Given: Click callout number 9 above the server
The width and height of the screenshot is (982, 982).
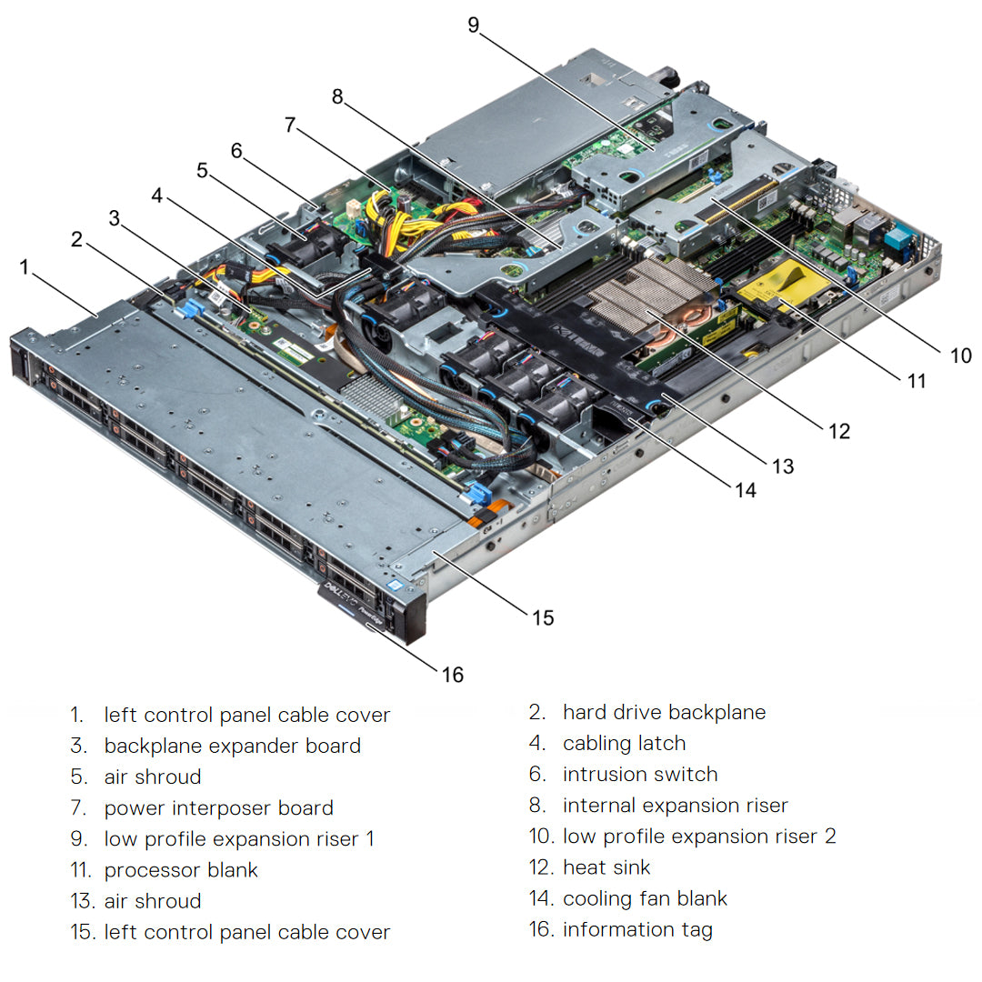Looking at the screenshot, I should (474, 25).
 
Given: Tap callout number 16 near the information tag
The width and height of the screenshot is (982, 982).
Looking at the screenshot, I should (453, 675).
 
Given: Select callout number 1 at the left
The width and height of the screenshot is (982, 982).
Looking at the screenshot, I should (25, 266).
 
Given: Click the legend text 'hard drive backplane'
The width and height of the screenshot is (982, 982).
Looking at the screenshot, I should (664, 712).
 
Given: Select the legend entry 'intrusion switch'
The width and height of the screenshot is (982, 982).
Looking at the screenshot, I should (640, 775).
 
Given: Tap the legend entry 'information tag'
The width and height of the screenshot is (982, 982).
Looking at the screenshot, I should (637, 929).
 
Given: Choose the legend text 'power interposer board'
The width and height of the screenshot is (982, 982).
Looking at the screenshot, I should (218, 808).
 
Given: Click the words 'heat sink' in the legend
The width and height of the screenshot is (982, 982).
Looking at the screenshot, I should (606, 867).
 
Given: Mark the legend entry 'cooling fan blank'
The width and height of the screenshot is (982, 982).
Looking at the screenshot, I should (645, 899).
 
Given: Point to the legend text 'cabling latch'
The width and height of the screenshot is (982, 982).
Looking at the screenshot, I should (624, 744).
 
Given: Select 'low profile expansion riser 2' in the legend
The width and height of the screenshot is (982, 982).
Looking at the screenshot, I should (699, 837).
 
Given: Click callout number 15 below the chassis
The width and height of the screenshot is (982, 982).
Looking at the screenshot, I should (543, 617).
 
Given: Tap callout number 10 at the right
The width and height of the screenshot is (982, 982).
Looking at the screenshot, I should (961, 356).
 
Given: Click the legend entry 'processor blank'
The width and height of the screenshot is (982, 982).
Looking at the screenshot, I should (181, 870).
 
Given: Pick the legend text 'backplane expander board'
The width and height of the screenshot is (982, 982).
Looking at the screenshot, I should (232, 746).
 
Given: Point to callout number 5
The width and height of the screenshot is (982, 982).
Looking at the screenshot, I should (202, 169).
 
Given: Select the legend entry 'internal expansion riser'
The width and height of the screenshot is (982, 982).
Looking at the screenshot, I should (675, 806).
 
